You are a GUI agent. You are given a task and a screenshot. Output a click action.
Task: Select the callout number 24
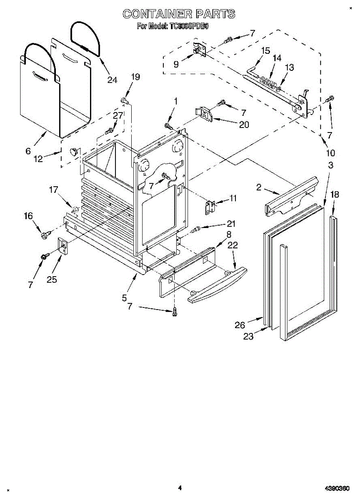click(x=112, y=80)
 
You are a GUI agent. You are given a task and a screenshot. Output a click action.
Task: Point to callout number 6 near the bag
click(x=28, y=151)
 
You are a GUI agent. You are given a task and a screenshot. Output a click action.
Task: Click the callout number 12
click(x=38, y=158)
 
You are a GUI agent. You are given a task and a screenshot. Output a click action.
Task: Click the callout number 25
click(x=52, y=279)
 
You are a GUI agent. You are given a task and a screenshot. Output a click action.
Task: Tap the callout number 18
click(x=335, y=194)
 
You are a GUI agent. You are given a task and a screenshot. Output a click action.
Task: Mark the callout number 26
click(x=240, y=325)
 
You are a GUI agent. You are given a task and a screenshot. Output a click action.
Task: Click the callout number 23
click(x=248, y=337)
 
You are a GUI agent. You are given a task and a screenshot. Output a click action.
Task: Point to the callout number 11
click(x=232, y=198)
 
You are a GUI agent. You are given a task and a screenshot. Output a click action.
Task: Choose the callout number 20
click(x=244, y=124)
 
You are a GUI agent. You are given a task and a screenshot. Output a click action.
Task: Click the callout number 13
click(x=289, y=67)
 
